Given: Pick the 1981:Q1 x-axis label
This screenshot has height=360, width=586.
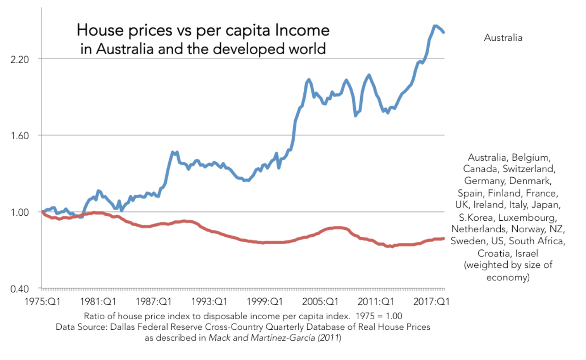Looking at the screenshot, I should click(x=98, y=301).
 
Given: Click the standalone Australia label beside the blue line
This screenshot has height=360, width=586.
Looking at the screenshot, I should click(x=503, y=38).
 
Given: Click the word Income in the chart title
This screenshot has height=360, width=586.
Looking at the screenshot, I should click(x=304, y=31).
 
